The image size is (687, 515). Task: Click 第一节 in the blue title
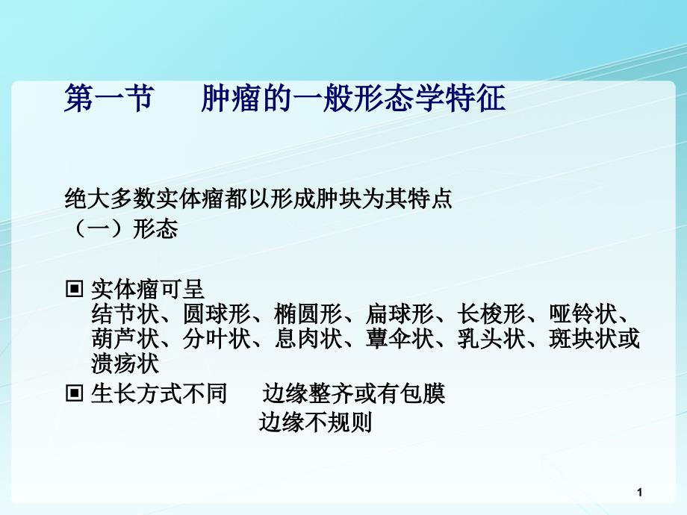(109, 98)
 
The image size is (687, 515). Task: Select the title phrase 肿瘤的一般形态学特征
(353, 98)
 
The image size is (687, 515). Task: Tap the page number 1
(640, 493)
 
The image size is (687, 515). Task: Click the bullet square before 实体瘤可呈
(74, 289)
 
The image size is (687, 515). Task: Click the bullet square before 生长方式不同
(74, 393)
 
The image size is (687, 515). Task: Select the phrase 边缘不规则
(315, 422)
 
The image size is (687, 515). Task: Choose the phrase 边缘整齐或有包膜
(354, 393)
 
